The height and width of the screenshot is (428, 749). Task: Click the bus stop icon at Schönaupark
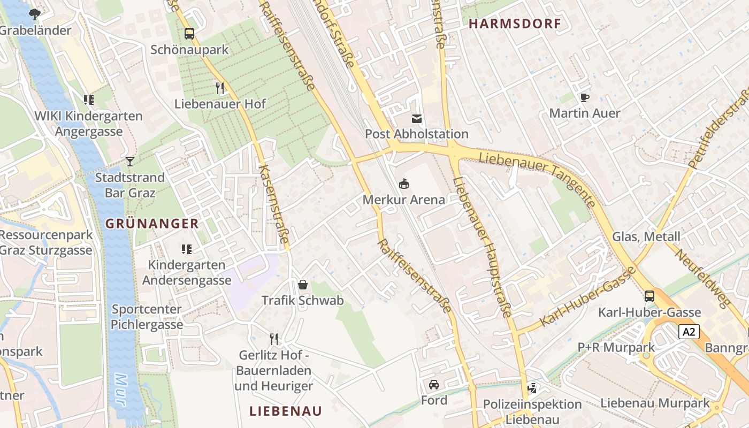coord(189,34)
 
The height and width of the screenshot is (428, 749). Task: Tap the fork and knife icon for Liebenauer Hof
coord(219,88)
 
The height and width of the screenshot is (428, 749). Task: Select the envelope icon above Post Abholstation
coord(416,118)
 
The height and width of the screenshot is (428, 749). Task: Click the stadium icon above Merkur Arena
coord(404,184)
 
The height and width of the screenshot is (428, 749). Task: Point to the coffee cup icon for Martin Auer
coord(584,97)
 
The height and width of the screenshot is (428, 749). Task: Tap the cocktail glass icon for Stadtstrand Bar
coord(129,161)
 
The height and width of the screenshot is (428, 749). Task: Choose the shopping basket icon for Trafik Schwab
coord(302,285)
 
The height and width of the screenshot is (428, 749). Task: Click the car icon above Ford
coord(434,384)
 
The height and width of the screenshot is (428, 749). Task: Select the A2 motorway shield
coord(689,332)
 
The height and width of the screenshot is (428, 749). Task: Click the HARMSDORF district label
coord(515,24)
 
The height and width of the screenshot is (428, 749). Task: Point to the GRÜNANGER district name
coord(152,224)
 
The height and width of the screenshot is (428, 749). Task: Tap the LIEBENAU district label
coord(286,411)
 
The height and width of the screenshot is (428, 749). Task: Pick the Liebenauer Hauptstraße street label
coord(483,246)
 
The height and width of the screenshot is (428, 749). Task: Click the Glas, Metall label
coord(646,236)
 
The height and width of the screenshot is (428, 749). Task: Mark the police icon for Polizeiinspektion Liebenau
coord(532,388)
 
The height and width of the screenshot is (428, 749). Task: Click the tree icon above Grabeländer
coord(35,14)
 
